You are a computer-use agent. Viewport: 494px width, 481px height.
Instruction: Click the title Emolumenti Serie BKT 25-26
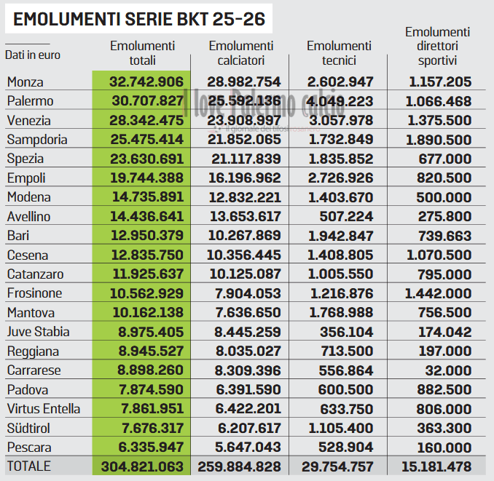(138, 19)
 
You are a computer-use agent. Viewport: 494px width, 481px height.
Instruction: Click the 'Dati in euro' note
(33, 55)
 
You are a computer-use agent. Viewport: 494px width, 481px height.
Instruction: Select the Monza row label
(26, 82)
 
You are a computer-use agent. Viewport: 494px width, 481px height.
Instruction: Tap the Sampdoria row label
(37, 140)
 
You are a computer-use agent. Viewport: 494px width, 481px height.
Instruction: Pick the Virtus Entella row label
(44, 409)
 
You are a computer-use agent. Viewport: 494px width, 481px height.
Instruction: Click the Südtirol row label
(28, 428)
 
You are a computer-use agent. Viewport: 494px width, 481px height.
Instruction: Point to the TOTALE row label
(30, 466)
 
